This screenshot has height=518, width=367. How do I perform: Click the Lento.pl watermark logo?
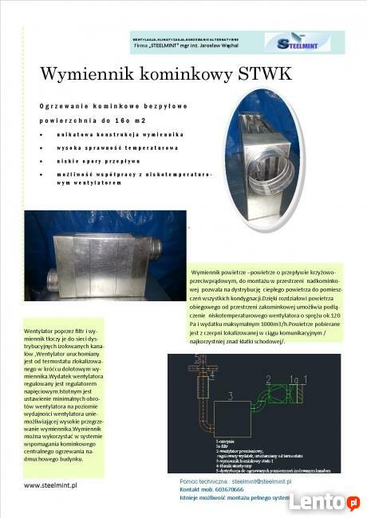(324, 500)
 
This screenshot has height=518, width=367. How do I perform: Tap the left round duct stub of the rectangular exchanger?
(52, 280)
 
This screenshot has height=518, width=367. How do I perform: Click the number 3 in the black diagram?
(229, 394)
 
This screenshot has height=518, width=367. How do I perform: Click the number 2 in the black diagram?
(268, 379)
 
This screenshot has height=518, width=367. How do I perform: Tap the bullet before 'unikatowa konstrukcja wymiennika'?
(41, 135)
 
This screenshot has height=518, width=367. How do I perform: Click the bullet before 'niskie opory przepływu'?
(41, 159)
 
